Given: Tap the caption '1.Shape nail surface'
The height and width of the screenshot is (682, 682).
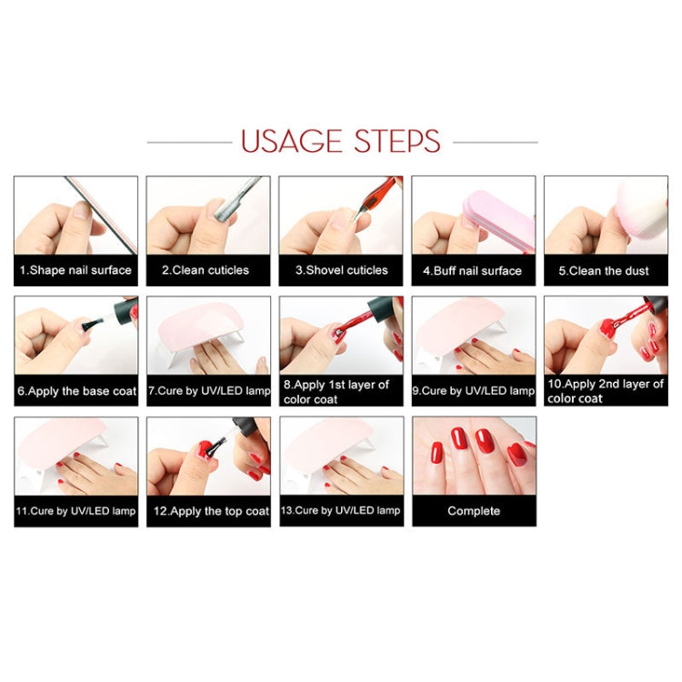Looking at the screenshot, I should click(76, 270).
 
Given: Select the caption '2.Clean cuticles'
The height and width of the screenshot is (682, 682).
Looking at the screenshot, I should click(208, 270).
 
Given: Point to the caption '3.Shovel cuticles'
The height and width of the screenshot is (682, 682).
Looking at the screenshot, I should click(340, 270).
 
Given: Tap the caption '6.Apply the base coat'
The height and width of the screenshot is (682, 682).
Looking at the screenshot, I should click(76, 391).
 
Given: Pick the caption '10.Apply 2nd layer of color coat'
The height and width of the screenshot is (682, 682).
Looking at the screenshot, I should click(606, 391).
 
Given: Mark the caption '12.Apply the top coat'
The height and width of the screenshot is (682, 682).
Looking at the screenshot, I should click(208, 511).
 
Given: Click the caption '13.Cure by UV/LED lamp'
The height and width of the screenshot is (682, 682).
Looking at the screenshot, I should click(340, 511).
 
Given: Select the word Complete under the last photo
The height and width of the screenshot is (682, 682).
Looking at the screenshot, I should click(474, 511).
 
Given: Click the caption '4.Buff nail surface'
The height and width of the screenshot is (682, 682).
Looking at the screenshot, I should click(473, 270).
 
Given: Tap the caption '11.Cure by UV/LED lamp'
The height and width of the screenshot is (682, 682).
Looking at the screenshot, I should click(76, 511).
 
